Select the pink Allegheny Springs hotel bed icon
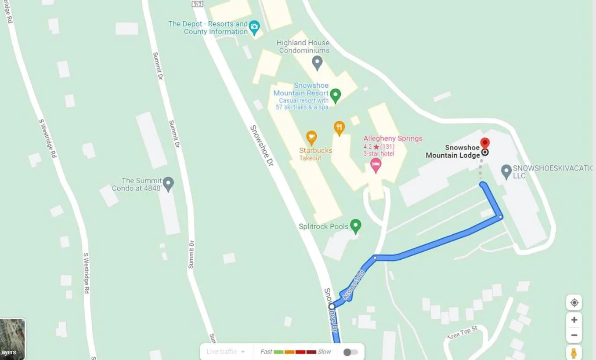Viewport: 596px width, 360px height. coord(376,165)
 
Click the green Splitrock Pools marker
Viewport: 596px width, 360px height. coord(356,226)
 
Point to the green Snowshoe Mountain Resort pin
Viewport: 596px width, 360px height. coord(336,95)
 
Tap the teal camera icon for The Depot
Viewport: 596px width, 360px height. coord(254,28)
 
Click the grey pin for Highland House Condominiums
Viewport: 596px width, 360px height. coord(317,62)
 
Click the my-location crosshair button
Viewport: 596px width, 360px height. coord(574,303)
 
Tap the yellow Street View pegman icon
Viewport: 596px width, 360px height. coord(574,353)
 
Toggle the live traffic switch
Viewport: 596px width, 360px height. coord(350,352)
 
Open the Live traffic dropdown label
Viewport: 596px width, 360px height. coord(225,352)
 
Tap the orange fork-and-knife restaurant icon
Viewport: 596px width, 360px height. coord(339,128)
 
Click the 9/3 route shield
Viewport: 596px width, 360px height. coord(198,4)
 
